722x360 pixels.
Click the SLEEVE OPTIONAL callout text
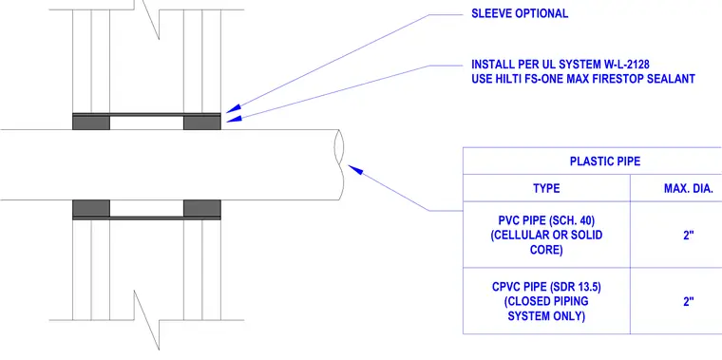520,14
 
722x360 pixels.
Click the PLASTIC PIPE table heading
605,161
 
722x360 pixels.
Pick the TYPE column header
546,188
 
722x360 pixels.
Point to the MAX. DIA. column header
689,188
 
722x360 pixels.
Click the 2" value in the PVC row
689,236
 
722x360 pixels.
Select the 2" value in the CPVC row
689,301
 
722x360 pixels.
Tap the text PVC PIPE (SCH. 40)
546,220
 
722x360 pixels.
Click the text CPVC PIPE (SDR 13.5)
546,287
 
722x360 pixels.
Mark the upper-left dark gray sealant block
91,123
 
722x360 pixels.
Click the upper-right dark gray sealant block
202,123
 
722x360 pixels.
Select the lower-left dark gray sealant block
91,208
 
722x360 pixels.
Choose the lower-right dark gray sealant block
202,208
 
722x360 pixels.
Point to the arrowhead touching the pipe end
355,169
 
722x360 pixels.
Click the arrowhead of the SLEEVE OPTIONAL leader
234,108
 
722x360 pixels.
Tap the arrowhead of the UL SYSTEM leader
234,119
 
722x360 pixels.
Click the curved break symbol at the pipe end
340,164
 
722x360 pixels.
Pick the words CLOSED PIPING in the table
546,301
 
